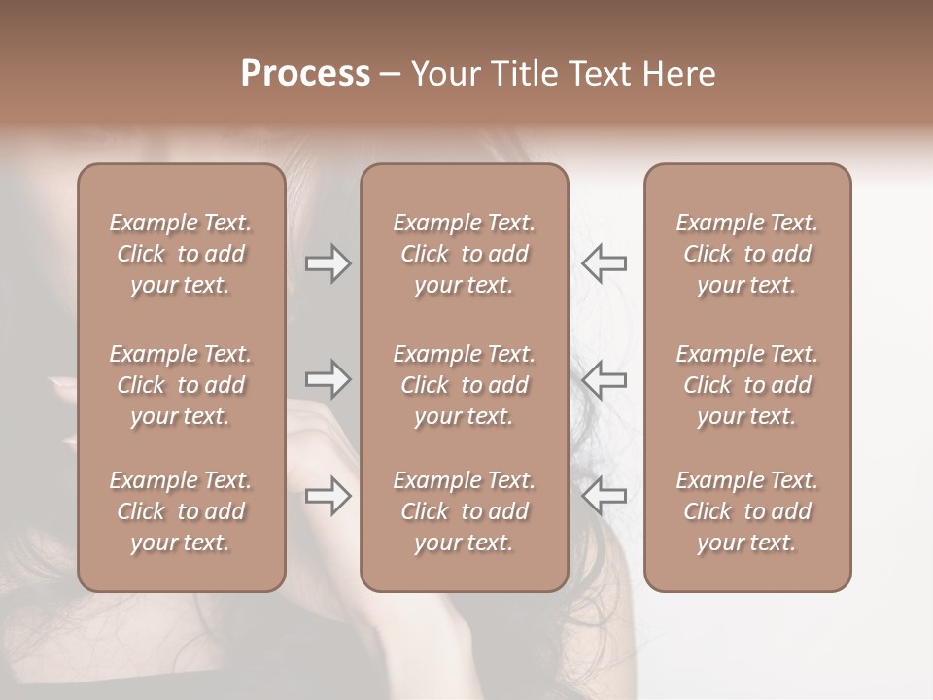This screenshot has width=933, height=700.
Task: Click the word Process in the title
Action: pyautogui.click(x=305, y=74)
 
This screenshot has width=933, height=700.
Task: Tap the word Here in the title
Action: pyautogui.click(x=679, y=74)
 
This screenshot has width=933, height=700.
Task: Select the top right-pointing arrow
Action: pyautogui.click(x=328, y=263)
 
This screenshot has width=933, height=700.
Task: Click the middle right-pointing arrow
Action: pyautogui.click(x=328, y=379)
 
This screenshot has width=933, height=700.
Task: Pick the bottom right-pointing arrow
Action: pyautogui.click(x=328, y=497)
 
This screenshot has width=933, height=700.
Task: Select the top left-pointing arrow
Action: pyautogui.click(x=605, y=263)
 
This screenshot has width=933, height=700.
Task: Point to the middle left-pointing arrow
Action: pyautogui.click(x=605, y=379)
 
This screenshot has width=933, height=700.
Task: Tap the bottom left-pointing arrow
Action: pyautogui.click(x=605, y=497)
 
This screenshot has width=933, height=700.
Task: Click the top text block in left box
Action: pyautogui.click(x=181, y=254)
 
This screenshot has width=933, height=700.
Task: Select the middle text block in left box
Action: pyautogui.click(x=181, y=385)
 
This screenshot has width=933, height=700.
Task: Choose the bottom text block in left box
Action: pyautogui.click(x=181, y=511)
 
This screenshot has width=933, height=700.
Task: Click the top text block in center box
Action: pyautogui.click(x=465, y=254)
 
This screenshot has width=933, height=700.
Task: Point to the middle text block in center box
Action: pyautogui.click(x=465, y=385)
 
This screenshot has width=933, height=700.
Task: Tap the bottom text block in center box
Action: pyautogui.click(x=465, y=511)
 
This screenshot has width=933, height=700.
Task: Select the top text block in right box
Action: pyautogui.click(x=747, y=254)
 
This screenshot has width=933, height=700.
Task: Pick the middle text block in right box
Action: pyautogui.click(x=747, y=385)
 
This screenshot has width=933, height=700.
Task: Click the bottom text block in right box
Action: pyautogui.click(x=747, y=511)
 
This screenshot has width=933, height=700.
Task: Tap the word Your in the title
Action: pyautogui.click(x=442, y=74)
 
